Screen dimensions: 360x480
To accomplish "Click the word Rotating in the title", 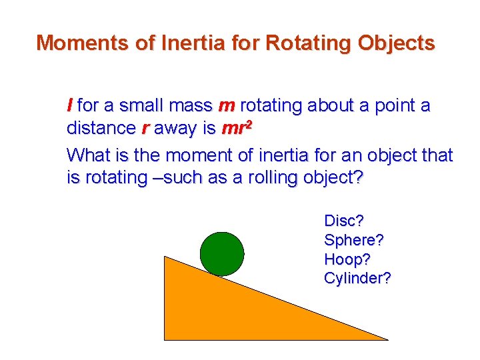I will pyautogui.click(x=299, y=43).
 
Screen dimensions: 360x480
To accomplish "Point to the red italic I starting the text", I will pyautogui.click(x=70, y=105).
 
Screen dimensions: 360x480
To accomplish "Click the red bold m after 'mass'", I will pyautogui.click(x=226, y=105).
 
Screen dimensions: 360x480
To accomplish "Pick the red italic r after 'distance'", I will pyautogui.click(x=145, y=129).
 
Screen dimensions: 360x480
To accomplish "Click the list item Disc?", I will pyautogui.click(x=344, y=220).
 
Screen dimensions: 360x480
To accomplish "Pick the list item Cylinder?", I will pyautogui.click(x=357, y=278).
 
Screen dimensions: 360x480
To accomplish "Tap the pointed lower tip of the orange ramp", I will pyautogui.click(x=385, y=338).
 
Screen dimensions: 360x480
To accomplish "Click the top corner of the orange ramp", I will pyautogui.click(x=166, y=257).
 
